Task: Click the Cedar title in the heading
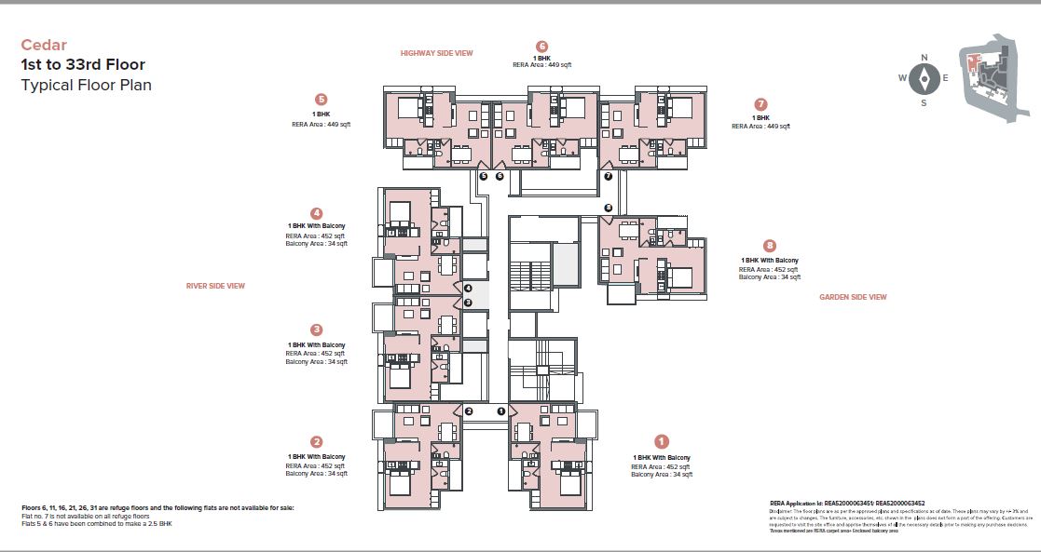[x=44, y=45]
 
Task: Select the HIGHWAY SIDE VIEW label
[x=436, y=53]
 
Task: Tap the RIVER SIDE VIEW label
[x=215, y=286]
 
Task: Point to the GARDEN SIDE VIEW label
[x=853, y=297]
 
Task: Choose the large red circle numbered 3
[x=317, y=330]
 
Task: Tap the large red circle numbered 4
[x=317, y=213]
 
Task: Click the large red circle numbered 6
[x=541, y=46]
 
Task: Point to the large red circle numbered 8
[x=769, y=246]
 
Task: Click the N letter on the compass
[x=924, y=58]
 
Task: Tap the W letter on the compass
[x=902, y=78]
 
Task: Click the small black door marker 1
[x=500, y=411]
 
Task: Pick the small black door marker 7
[x=608, y=175]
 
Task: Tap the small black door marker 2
[x=469, y=411]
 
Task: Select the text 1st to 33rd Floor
[x=83, y=65]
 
